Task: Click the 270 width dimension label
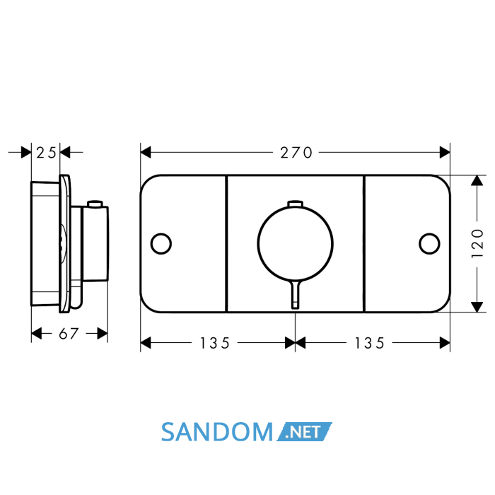pos(296,153)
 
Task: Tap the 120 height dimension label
pos(477,243)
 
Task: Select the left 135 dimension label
pos(215,343)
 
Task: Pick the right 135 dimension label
pos(369,343)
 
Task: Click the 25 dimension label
pos(46,153)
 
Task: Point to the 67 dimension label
pos(69,334)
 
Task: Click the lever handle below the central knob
pos(295,294)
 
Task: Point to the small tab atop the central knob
pos(295,204)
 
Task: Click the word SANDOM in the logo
pos(217,432)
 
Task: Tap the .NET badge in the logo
pos(305,431)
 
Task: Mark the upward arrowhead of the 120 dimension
pos(477,180)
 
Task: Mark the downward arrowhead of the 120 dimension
pos(477,307)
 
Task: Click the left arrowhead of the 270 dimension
pos(146,153)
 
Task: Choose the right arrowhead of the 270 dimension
pos(445,153)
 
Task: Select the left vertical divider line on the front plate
pos(227,243)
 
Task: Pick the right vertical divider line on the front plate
pos(364,243)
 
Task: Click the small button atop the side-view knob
pos(95,204)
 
